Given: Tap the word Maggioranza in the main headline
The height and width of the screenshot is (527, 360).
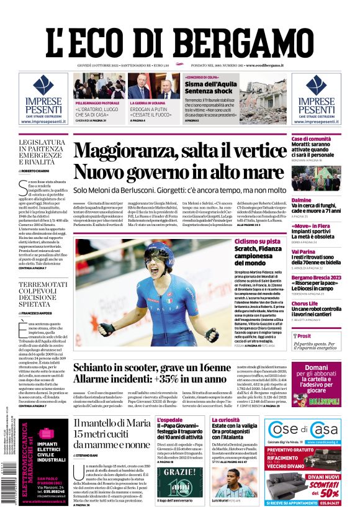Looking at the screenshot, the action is (134, 151).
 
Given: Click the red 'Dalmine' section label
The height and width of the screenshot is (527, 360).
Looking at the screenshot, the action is (302, 200).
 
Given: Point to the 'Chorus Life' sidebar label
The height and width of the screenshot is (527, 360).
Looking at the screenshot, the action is (305, 304).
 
